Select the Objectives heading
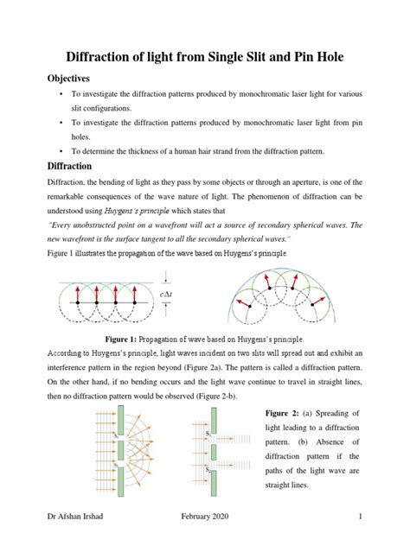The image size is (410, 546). [75, 77]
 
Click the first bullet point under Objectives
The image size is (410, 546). [60, 94]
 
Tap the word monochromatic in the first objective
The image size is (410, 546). [256, 94]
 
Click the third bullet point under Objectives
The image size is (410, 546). [60, 151]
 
